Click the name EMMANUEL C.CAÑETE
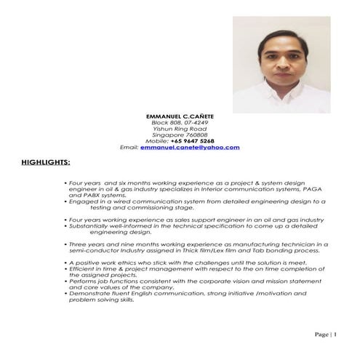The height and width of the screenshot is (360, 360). coord(180,117)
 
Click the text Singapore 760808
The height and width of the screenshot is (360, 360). coord(180,135)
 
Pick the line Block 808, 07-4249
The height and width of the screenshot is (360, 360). coord(180,123)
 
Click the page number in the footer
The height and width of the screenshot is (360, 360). coord(326,334)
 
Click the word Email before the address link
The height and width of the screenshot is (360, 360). coord(128,148)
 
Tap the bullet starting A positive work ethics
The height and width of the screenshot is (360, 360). coord(182,262)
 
